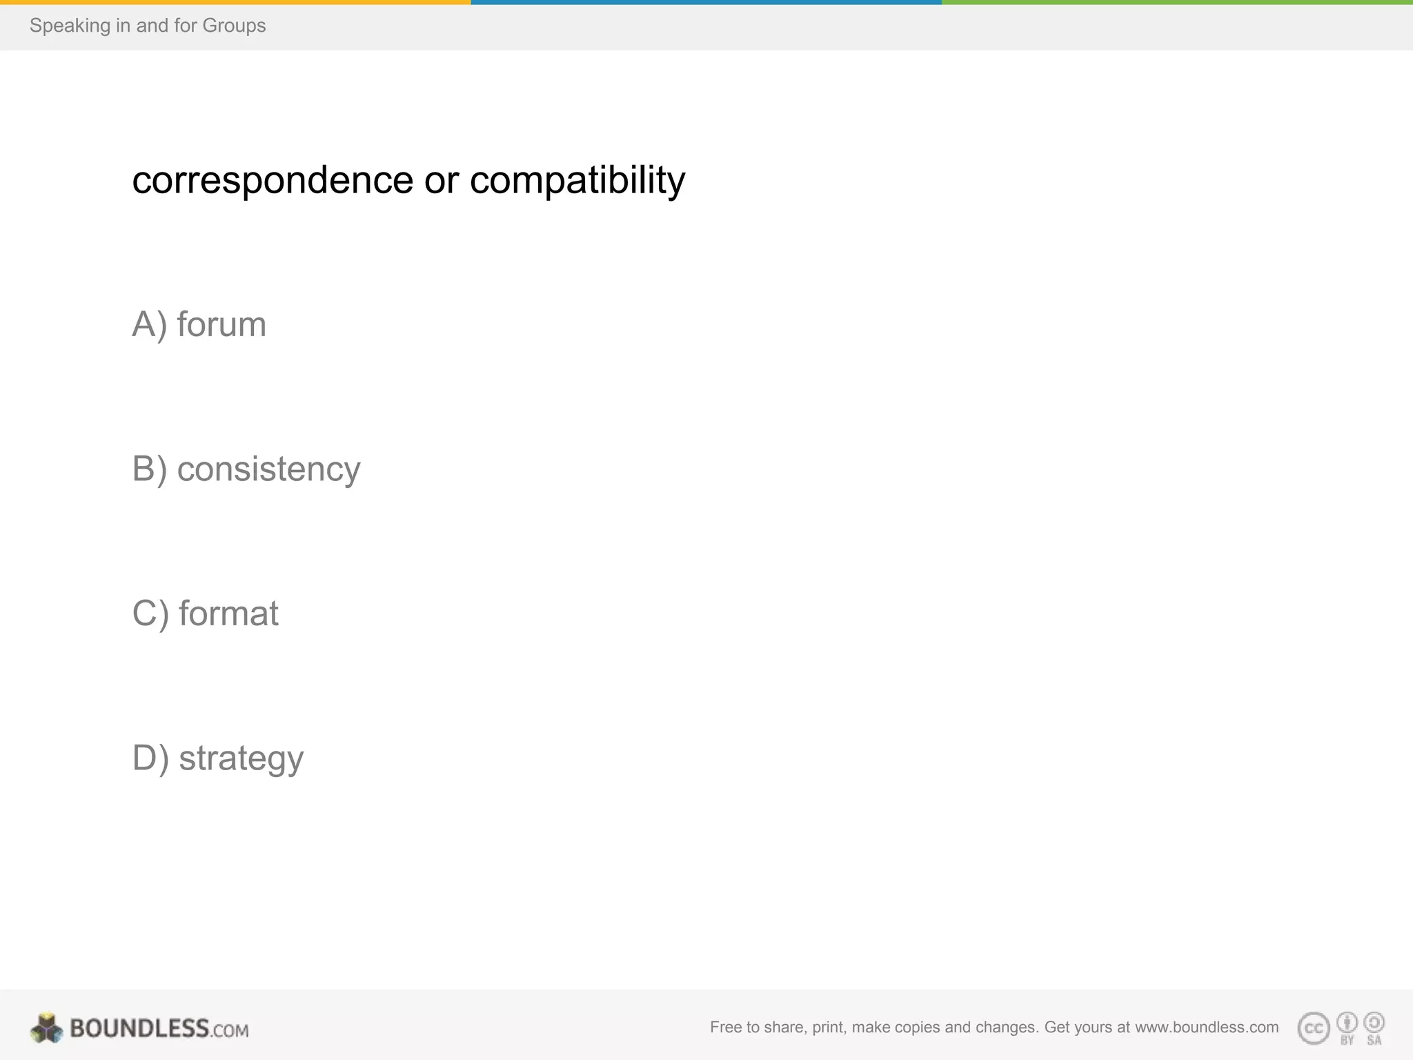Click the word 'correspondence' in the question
[273, 181]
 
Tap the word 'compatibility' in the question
[577, 181]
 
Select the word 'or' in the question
[442, 181]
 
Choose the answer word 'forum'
[221, 324]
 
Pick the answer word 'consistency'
[268, 469]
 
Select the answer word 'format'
[228, 614]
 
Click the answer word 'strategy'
[241, 758]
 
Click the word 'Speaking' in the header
[70, 26]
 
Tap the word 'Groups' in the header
[234, 26]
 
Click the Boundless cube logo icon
[47, 1028]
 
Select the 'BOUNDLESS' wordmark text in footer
[139, 1028]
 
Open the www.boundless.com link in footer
[1207, 1027]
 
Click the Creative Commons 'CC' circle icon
[1314, 1028]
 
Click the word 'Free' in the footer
[725, 1027]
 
